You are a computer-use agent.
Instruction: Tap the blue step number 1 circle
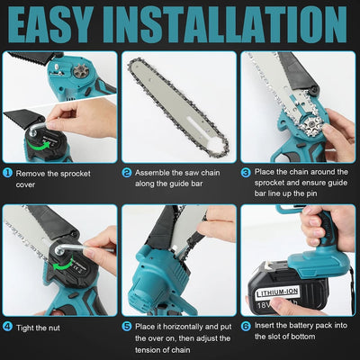pos(7,170)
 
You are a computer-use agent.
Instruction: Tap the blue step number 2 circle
pos(128,170)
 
